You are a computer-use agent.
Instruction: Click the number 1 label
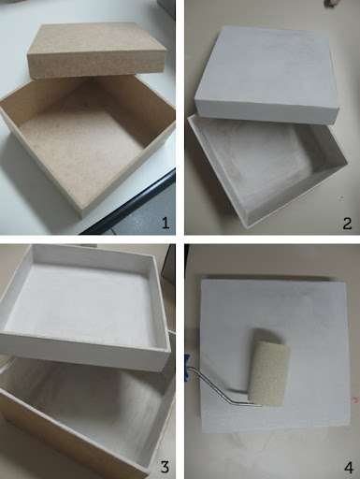(x=164, y=223)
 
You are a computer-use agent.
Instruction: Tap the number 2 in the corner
(x=346, y=223)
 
